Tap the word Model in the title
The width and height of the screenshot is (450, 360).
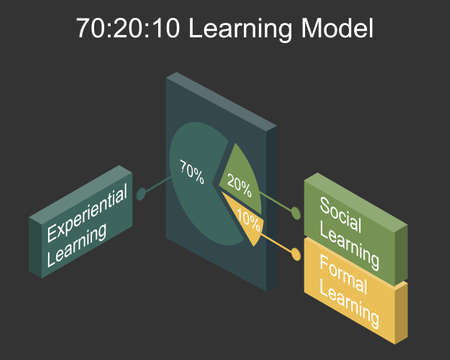[339, 29]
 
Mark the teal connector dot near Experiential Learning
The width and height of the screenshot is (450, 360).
[142, 193]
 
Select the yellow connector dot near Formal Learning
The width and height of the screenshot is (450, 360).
[295, 255]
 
